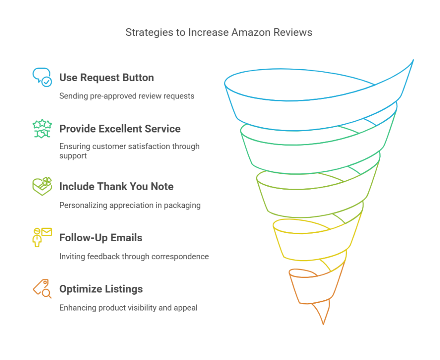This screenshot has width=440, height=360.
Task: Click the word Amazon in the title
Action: (x=251, y=32)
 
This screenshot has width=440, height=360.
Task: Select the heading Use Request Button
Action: (x=107, y=77)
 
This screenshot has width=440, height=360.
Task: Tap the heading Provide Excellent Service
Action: (x=120, y=129)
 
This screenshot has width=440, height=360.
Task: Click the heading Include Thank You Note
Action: (x=116, y=187)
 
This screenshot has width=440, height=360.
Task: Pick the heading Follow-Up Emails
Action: (x=101, y=238)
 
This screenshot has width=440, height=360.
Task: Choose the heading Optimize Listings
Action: (x=101, y=289)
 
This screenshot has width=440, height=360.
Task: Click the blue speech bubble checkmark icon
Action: (x=42, y=77)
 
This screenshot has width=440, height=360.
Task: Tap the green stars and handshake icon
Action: (x=42, y=129)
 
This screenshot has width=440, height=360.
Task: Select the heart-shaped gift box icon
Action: (x=42, y=186)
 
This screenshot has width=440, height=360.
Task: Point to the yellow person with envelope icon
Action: (x=42, y=237)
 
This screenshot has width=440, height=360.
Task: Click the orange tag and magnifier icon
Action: (x=42, y=289)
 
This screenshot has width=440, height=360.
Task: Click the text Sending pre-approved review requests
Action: (x=127, y=96)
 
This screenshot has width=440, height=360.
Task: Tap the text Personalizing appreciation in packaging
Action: (x=130, y=205)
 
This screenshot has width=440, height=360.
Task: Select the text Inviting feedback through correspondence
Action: (x=134, y=257)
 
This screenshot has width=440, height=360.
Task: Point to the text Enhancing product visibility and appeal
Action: (x=128, y=308)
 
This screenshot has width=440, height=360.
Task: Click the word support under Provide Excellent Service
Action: (x=73, y=156)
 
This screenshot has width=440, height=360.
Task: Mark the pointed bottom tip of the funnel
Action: (x=323, y=325)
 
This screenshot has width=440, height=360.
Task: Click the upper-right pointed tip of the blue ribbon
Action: (x=413, y=60)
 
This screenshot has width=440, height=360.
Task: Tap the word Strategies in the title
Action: (x=149, y=33)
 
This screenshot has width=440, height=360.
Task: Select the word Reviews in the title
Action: (x=293, y=32)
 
